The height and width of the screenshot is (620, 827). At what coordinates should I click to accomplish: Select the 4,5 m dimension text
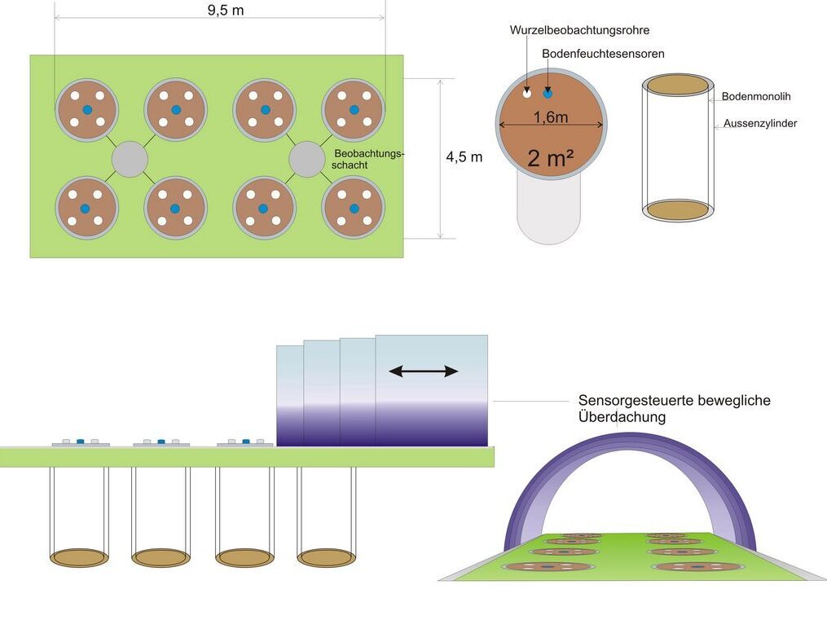point(464,157)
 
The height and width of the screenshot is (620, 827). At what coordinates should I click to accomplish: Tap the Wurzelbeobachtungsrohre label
point(579,30)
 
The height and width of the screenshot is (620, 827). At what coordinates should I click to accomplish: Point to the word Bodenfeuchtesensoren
point(603,54)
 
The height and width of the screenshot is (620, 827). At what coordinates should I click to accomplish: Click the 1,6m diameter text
point(551,117)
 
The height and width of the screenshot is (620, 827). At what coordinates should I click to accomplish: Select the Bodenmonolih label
point(755,96)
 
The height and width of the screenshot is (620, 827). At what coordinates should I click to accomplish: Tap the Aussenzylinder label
point(759,124)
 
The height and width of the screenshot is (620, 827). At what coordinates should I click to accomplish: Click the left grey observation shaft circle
point(129,158)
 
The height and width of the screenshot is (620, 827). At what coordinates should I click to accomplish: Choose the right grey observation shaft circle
point(307,158)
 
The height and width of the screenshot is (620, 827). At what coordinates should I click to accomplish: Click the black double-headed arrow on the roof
point(423,372)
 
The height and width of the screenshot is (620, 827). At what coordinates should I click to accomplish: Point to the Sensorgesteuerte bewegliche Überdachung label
point(674,408)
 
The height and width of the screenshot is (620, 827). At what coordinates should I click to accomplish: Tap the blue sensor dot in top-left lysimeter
point(86,110)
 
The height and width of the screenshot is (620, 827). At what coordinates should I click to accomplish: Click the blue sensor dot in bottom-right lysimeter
point(354,209)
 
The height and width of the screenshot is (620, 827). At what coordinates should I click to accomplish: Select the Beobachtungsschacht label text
point(369,158)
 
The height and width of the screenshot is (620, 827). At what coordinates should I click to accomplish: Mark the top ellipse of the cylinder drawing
point(678,85)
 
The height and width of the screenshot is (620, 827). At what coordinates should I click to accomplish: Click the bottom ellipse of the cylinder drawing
point(678,209)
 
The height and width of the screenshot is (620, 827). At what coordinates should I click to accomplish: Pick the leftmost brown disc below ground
point(79,557)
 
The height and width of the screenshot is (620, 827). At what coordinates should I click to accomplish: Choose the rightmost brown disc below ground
point(326,557)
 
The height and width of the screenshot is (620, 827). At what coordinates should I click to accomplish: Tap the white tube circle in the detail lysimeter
point(527,94)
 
